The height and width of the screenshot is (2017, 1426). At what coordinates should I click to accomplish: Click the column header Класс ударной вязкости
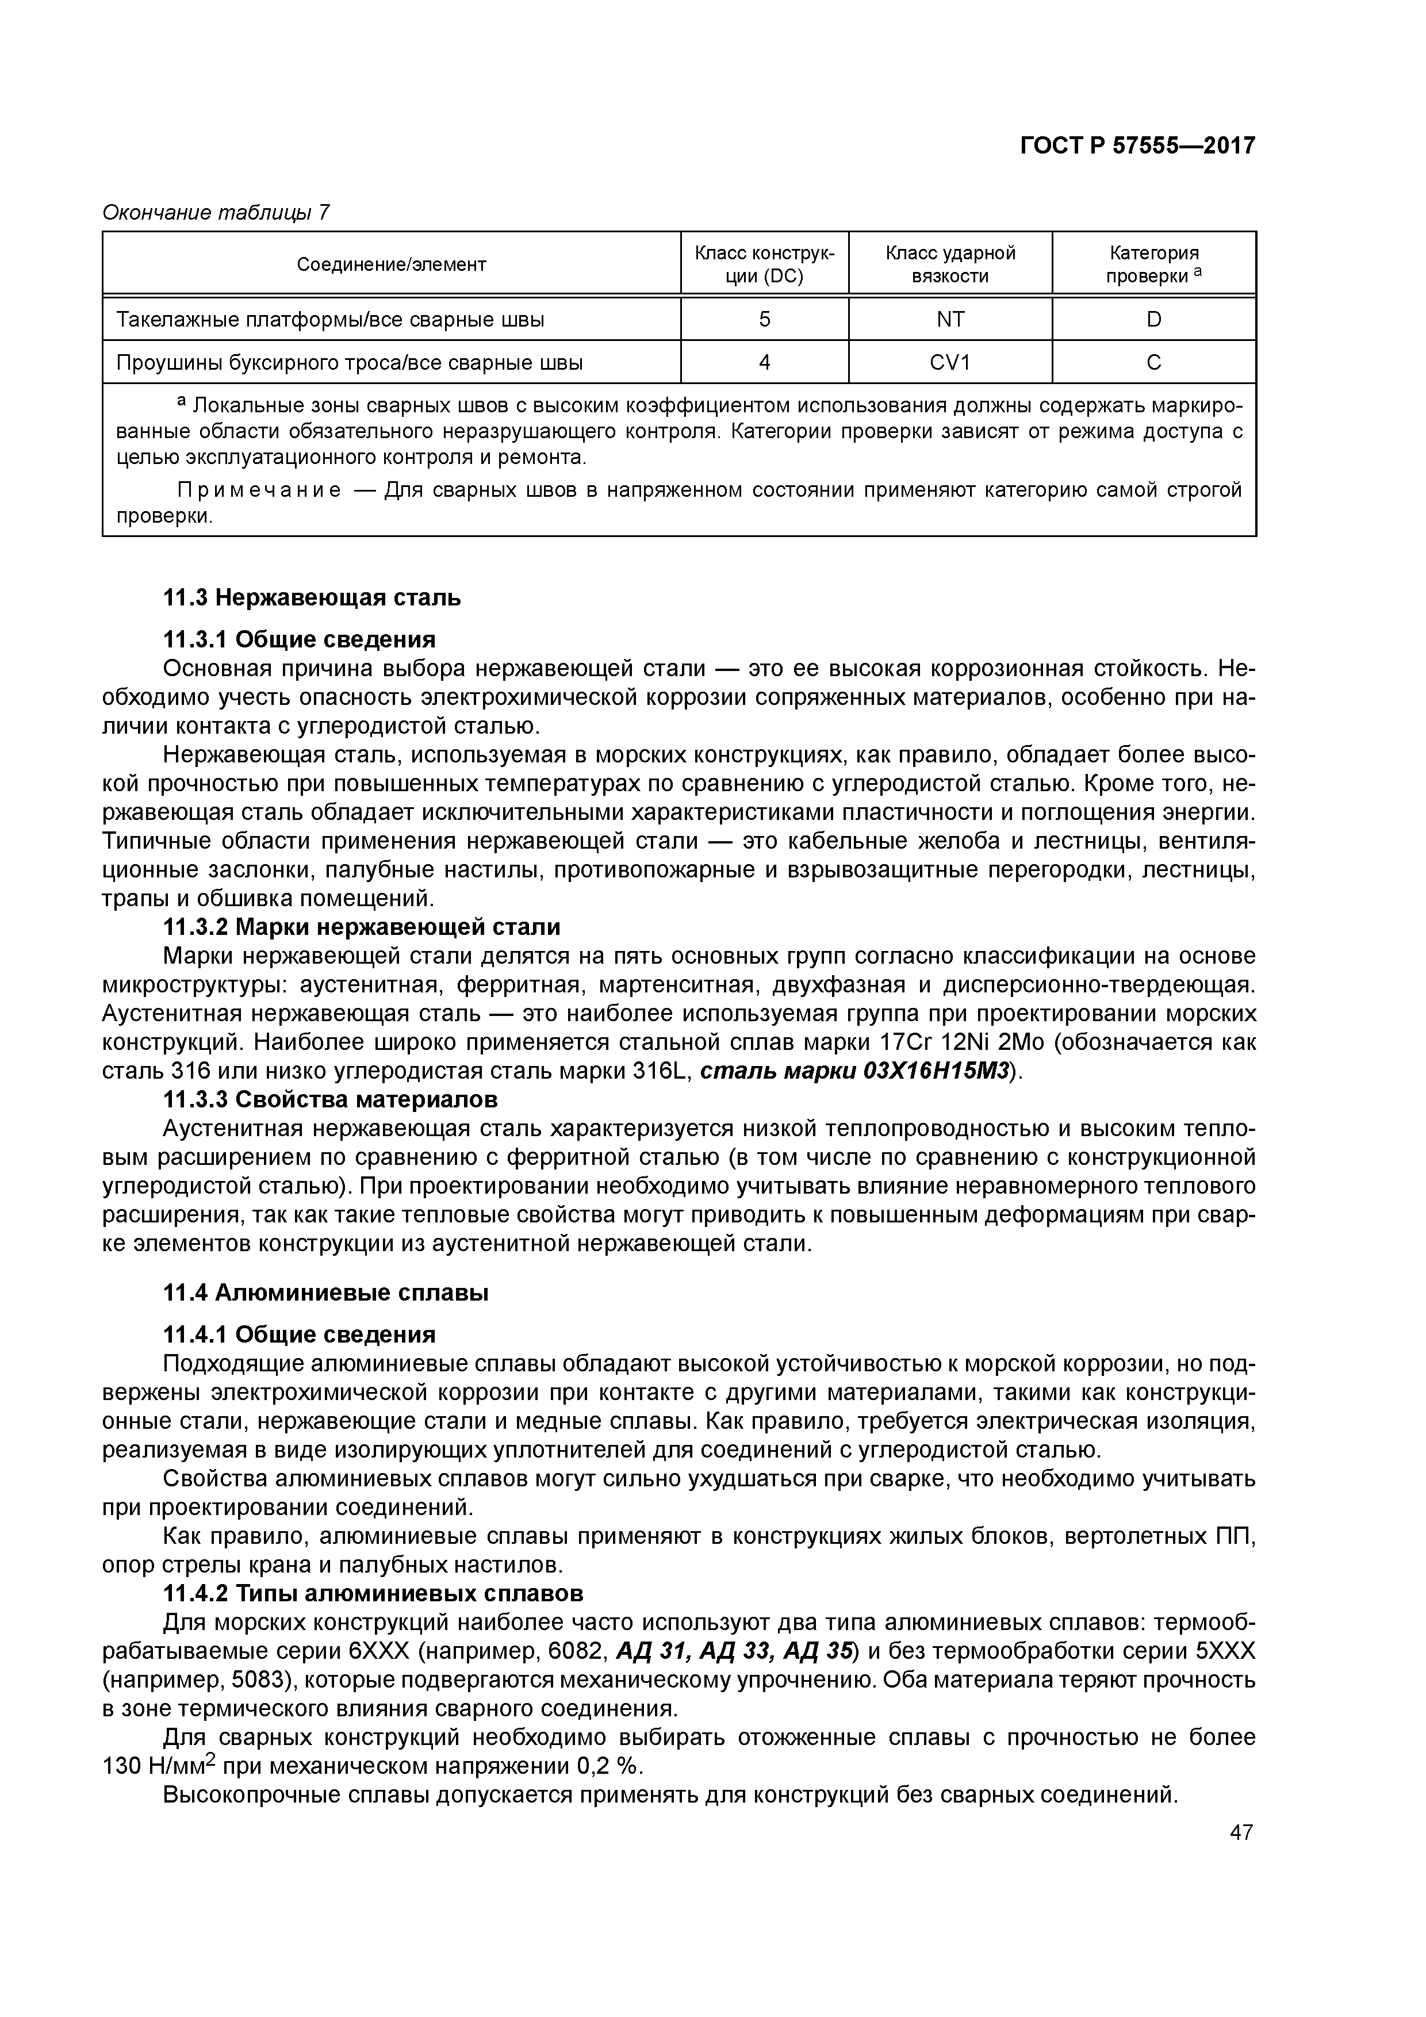point(950,264)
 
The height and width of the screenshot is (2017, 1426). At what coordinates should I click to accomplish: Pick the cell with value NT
point(950,320)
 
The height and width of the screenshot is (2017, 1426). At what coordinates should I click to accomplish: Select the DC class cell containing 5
point(764,320)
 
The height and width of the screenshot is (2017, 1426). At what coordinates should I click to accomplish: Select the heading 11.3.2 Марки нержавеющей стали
point(362,927)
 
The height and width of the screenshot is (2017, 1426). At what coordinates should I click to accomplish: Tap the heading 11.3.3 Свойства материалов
point(331,1100)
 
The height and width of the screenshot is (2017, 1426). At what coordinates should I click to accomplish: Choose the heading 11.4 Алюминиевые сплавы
point(326,1293)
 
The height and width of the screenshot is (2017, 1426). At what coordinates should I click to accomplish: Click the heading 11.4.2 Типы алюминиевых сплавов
point(373,1594)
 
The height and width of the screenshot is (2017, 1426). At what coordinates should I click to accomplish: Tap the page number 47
point(1241,1832)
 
